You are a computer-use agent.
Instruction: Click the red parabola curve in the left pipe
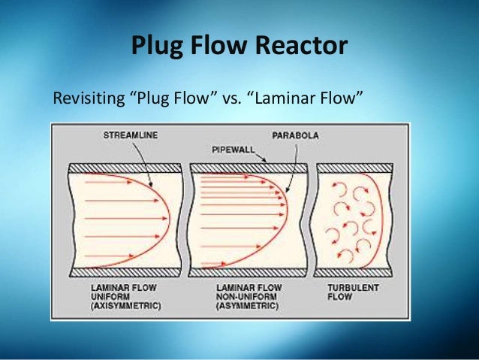(x=167, y=218)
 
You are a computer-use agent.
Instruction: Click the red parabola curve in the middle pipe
(x=285, y=207)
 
